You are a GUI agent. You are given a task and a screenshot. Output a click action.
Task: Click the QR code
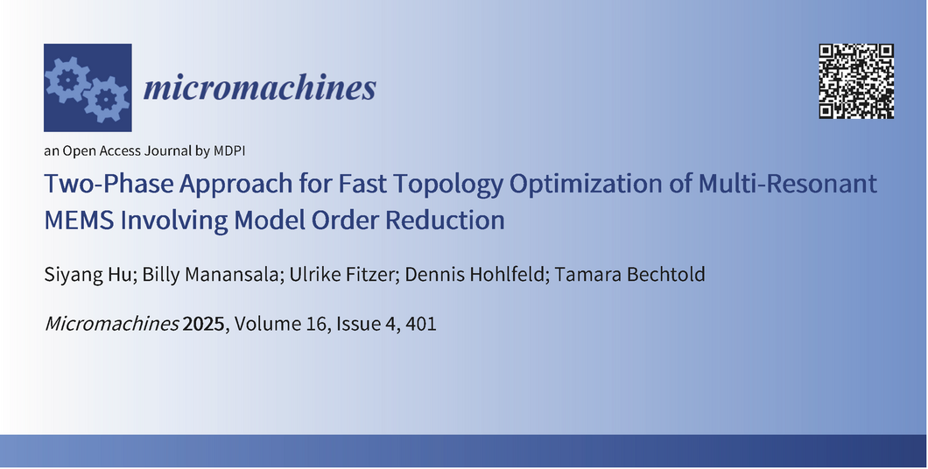tap(856, 81)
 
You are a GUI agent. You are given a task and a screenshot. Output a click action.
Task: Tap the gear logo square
tap(88, 87)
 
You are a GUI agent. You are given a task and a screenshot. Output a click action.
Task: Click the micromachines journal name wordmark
tap(260, 88)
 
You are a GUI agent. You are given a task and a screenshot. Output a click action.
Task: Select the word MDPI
tap(229, 150)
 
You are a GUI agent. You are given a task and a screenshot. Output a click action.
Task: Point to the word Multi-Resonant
tap(788, 183)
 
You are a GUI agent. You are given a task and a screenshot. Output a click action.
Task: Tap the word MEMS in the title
tap(80, 220)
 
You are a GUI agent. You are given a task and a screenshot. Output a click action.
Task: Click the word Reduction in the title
tap(445, 220)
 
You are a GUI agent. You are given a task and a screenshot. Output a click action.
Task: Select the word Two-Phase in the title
tap(109, 184)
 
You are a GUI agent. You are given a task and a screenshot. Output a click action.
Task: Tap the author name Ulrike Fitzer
tap(341, 275)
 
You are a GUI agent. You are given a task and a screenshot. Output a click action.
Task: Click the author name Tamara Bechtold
tap(629, 275)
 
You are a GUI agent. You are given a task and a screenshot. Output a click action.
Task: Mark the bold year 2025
tap(204, 324)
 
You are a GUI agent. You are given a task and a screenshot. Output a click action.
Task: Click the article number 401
tap(421, 324)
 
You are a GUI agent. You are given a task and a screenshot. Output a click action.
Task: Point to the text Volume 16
tap(282, 324)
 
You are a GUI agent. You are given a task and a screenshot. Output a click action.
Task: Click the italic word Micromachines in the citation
tap(112, 324)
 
